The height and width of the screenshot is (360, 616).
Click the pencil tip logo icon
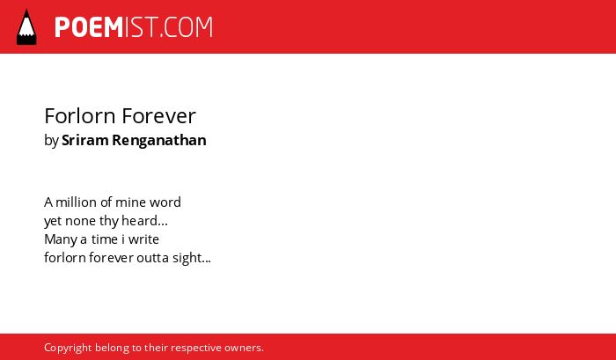click(26, 27)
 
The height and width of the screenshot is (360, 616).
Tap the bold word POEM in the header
click(89, 27)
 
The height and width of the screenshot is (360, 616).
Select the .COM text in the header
click(186, 27)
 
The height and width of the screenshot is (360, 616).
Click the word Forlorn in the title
click(80, 116)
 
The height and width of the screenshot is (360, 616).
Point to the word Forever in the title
click(158, 116)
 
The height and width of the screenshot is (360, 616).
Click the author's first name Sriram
click(85, 140)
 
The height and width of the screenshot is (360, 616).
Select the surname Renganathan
click(159, 141)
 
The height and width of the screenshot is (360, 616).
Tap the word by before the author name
click(51, 141)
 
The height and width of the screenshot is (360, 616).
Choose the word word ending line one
click(165, 202)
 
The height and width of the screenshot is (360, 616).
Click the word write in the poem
click(143, 239)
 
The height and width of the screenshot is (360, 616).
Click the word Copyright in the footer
click(68, 349)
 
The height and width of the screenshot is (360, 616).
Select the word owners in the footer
click(242, 349)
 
